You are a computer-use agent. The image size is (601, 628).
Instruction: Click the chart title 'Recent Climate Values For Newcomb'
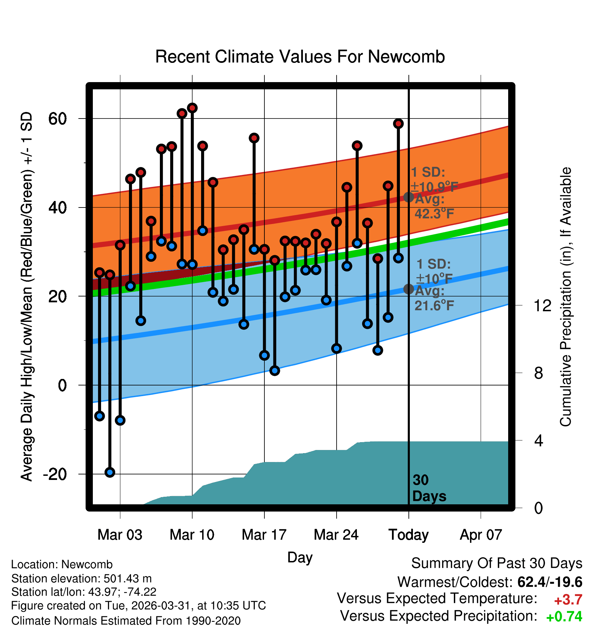coord(300,57)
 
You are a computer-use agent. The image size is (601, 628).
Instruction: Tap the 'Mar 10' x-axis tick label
coord(192,535)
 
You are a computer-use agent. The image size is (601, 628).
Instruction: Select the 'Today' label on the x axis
coord(408,535)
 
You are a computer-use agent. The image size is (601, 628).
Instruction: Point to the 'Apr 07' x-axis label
coord(481,535)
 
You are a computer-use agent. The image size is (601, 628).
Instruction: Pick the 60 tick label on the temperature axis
coord(57,119)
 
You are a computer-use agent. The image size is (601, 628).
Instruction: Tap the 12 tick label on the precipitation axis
coord(543,305)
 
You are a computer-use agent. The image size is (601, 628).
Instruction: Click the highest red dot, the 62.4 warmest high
coord(192,108)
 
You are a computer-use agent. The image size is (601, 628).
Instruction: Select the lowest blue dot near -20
coord(110,472)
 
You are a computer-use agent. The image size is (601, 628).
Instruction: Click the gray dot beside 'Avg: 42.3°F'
coord(408,197)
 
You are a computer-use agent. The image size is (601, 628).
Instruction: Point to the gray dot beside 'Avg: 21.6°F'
coord(408,289)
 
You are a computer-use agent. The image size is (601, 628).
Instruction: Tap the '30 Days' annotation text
coord(429,488)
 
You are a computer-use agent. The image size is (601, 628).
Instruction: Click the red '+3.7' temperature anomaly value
coord(568,600)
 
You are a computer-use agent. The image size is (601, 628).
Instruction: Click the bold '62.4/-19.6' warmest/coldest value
coord(550,582)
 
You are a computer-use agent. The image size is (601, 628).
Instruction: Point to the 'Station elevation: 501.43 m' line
coord(81,579)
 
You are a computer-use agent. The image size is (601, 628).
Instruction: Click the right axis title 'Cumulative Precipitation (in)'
coord(566,297)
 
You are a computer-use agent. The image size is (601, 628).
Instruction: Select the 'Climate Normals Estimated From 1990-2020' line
coord(126,621)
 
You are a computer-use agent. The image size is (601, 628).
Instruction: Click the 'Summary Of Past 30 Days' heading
coord(497,563)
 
